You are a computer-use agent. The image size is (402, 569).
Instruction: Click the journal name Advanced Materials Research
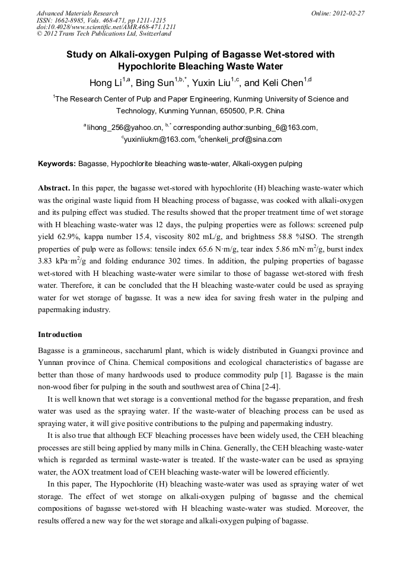point(77,13)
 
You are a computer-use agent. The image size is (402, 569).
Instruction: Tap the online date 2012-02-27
point(350,13)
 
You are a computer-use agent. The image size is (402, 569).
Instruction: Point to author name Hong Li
point(106,82)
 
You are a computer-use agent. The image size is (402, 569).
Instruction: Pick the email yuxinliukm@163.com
point(159,139)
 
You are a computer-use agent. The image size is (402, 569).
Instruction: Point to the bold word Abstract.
point(55,187)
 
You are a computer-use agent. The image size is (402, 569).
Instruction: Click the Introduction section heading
point(60,335)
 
